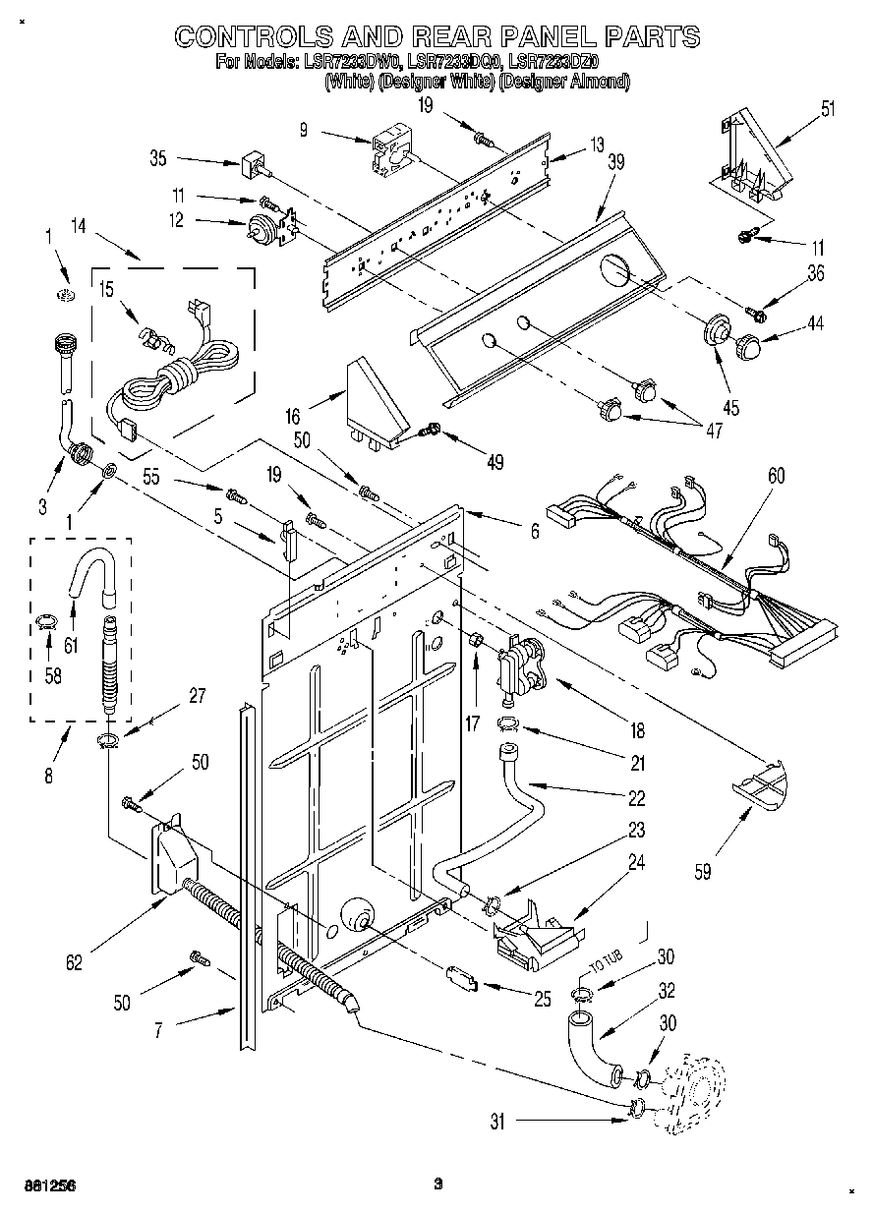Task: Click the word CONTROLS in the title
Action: [259, 37]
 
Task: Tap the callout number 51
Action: [828, 108]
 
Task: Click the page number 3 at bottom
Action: [439, 1184]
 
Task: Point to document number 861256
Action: [49, 1184]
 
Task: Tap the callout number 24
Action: [636, 863]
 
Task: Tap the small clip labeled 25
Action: [460, 979]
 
